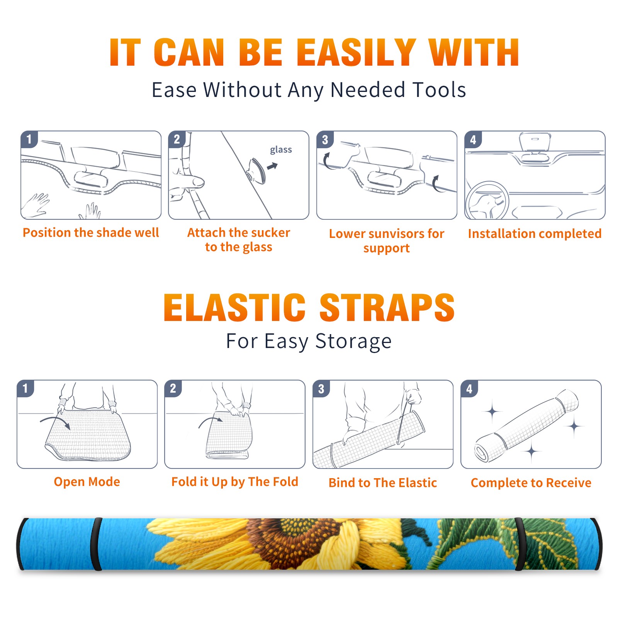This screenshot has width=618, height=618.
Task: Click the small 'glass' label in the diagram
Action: (x=281, y=149)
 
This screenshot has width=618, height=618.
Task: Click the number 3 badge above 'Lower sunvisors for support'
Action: (x=325, y=139)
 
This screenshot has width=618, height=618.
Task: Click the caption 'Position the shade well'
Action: (x=91, y=233)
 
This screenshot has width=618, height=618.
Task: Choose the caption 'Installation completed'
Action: (x=535, y=234)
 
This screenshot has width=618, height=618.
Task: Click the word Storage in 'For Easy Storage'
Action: (x=353, y=341)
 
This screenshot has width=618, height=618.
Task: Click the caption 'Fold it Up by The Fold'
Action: (x=235, y=482)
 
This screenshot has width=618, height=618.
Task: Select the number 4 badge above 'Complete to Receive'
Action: (x=469, y=389)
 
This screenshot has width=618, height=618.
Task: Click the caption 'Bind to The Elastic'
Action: (x=383, y=483)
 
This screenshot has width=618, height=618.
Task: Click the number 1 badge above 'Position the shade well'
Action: (x=29, y=139)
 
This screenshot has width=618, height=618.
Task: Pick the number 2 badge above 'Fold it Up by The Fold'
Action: (x=173, y=388)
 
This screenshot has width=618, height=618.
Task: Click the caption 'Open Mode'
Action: (x=87, y=482)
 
